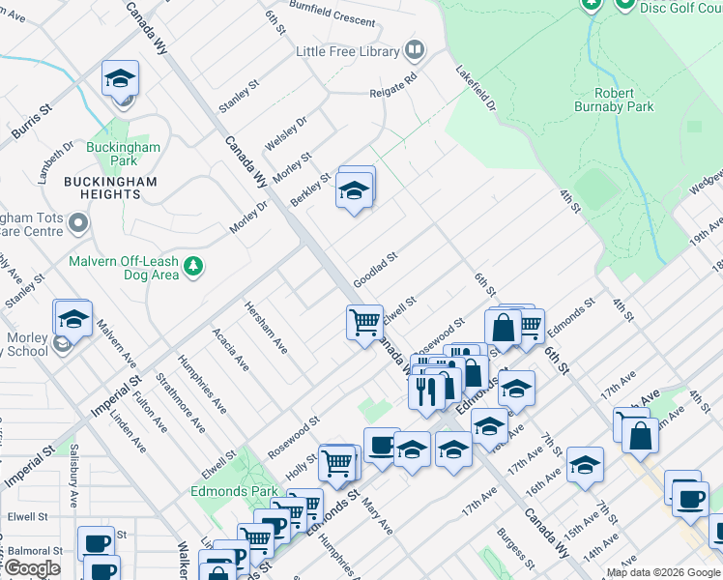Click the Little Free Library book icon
(415, 49)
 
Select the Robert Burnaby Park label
(613, 100)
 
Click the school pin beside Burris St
(120, 78)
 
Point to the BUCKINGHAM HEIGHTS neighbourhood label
(102, 188)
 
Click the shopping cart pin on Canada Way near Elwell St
(364, 321)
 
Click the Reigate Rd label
(393, 86)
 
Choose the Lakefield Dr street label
(476, 88)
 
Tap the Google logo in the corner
(32, 568)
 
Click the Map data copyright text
(663, 572)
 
